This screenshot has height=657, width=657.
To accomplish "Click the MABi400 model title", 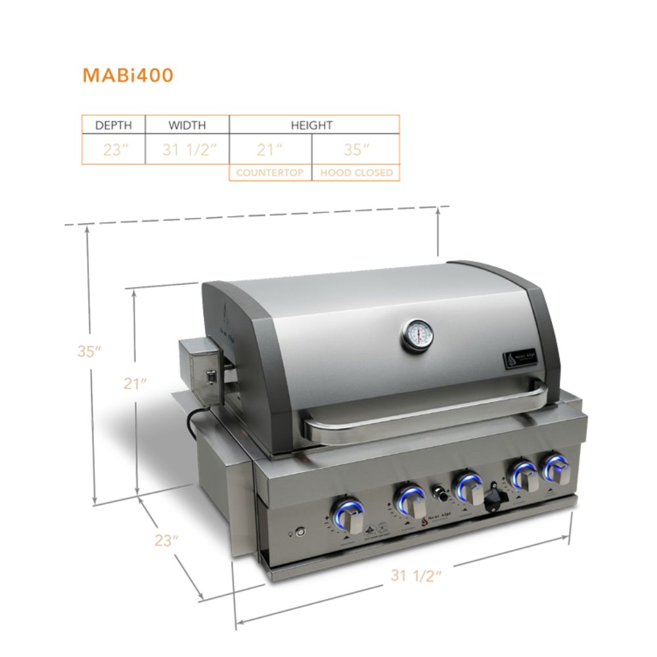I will [127, 76].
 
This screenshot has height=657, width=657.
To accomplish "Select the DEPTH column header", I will [114, 125].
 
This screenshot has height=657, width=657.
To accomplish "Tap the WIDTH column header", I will [187, 125].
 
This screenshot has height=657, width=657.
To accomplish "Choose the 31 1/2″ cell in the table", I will [189, 150].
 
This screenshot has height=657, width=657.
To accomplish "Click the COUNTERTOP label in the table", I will [270, 173].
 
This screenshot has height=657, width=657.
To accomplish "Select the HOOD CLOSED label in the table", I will [356, 173].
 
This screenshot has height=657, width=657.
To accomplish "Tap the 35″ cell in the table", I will [356, 150].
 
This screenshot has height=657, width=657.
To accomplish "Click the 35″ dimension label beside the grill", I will [89, 351].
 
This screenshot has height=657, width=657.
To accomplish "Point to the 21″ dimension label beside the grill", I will [135, 384].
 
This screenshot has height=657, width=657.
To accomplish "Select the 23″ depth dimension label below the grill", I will [167, 541].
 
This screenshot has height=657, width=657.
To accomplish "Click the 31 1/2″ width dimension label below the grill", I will [415, 576].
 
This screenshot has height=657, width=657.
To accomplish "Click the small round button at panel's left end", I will [300, 531].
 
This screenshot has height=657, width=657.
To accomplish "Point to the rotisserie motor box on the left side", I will [201, 369].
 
